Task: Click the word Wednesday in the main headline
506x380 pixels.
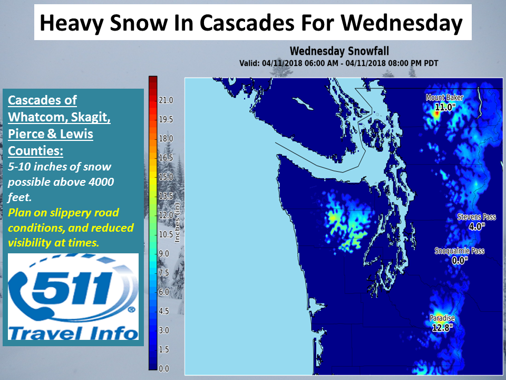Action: point(402,23)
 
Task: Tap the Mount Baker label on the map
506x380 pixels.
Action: point(444,98)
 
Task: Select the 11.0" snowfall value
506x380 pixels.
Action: point(445,107)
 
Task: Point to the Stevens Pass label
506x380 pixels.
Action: point(476,217)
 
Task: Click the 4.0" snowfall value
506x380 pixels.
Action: point(476,226)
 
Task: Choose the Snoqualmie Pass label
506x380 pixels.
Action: point(460,251)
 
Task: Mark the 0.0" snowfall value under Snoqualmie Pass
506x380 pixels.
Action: point(460,260)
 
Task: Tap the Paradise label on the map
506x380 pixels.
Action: point(442,318)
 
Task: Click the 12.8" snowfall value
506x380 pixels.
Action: point(442,328)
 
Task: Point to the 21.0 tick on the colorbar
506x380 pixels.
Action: point(166,100)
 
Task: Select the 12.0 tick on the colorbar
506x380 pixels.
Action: point(166,215)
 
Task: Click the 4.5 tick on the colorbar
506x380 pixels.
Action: point(163,311)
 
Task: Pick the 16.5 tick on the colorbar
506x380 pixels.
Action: point(166,158)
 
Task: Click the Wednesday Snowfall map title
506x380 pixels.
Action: point(339,51)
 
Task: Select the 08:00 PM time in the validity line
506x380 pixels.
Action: point(404,63)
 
